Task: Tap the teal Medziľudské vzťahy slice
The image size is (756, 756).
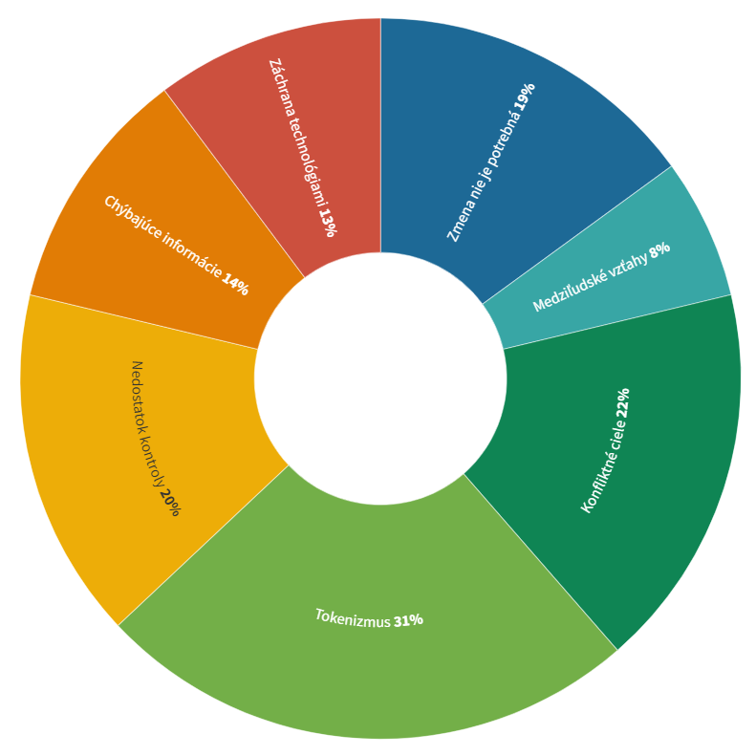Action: [x=669, y=258]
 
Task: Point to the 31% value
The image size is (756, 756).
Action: [x=408, y=620]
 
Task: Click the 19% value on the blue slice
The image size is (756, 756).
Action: [x=525, y=96]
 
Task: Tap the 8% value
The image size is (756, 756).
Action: [x=659, y=251]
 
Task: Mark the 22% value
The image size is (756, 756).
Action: [x=622, y=401]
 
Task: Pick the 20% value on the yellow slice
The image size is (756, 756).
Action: [x=169, y=503]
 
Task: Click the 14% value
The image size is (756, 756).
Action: [x=235, y=285]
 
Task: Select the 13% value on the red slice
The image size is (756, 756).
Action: [x=327, y=223]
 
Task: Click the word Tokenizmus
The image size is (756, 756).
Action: [x=353, y=617]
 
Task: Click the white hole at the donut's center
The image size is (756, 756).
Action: [x=379, y=378]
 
